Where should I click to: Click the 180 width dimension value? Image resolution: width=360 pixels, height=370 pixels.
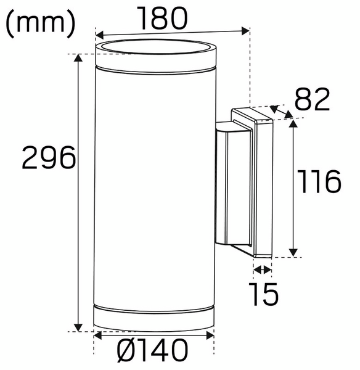pos(162,18)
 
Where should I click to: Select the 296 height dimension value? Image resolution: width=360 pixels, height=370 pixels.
pos(49,159)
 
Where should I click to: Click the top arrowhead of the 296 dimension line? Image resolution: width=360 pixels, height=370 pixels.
pos(78,59)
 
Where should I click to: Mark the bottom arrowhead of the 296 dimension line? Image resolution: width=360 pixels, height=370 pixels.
pos(78,327)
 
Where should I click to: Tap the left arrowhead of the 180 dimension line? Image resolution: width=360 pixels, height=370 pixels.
pos(99,35)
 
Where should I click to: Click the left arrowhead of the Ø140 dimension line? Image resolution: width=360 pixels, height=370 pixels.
pos(98,337)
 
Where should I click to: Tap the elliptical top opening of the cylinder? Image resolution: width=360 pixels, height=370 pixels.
pos(155,47)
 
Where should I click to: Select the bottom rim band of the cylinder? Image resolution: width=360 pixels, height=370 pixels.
pos(154,314)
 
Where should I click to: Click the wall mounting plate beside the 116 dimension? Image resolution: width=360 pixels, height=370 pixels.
pos(262,185)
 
